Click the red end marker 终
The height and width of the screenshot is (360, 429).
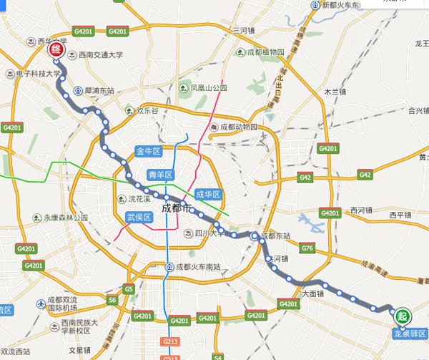54,51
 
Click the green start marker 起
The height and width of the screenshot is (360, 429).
403,316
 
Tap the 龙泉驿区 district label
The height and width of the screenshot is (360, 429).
410,334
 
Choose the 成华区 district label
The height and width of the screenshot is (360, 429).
209,194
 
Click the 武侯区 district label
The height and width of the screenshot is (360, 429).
139,217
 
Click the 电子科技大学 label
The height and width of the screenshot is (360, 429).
36,73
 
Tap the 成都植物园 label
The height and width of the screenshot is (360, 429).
265,52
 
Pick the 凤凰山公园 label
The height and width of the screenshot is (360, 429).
207,88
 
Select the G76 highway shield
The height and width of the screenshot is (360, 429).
309,248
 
